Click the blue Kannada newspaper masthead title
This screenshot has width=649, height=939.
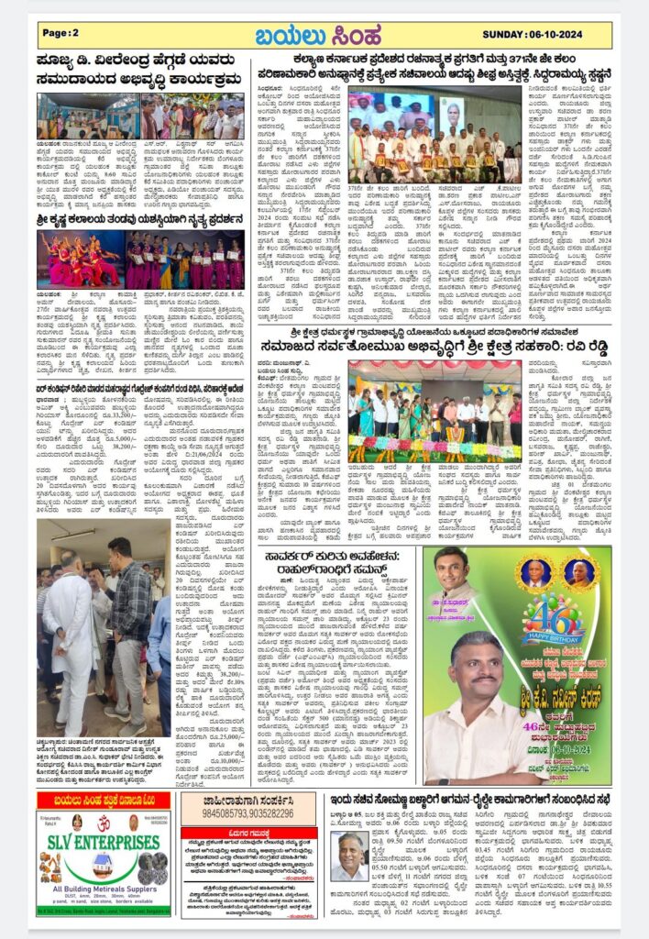pyautogui.click(x=324, y=35)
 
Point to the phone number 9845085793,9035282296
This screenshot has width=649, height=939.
pyautogui.click(x=237, y=812)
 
